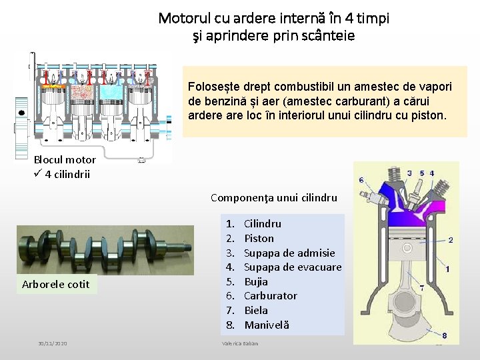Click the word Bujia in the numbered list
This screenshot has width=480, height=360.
tap(256, 281)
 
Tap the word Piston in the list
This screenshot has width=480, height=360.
tap(259, 238)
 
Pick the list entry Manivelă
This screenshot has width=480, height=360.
tap(267, 325)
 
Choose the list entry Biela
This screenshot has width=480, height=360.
tap(256, 310)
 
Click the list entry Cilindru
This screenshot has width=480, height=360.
tap(263, 223)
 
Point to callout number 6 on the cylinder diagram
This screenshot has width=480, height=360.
tap(361, 180)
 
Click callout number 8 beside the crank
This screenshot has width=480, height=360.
tap(445, 335)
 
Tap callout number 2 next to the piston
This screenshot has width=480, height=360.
tap(451, 239)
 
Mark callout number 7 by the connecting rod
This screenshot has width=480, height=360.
tap(421, 288)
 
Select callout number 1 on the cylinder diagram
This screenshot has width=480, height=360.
tap(447, 269)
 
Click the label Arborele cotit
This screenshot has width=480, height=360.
tap(56, 285)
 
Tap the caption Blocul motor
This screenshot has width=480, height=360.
tap(65, 159)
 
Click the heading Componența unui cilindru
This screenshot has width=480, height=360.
tap(274, 197)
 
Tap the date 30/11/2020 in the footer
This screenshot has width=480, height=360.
tap(53, 343)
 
